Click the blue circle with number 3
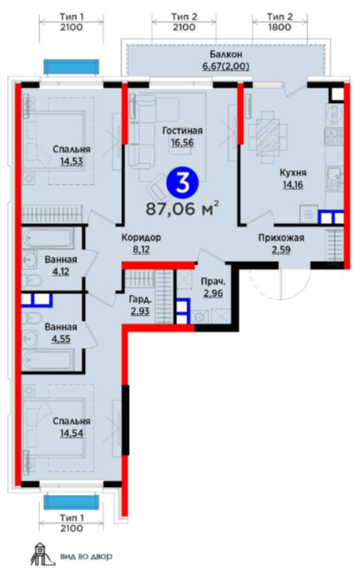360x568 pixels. (182, 184)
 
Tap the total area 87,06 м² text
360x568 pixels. (182, 209)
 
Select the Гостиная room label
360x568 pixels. (182, 131)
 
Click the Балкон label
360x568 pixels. (226, 54)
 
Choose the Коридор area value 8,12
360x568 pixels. (141, 249)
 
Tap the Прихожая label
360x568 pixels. (281, 238)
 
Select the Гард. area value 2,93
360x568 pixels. (140, 311)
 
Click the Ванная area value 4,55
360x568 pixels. (61, 339)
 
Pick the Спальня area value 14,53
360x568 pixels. (72, 161)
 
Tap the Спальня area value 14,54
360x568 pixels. (72, 433)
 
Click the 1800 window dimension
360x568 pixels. (280, 28)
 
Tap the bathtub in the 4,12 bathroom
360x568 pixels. (50, 238)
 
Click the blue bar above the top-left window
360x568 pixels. (72, 67)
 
